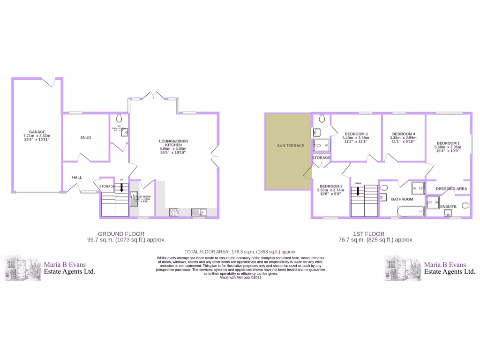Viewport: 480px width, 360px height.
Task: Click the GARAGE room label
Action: point(37,132)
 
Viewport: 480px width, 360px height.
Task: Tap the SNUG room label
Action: point(85,137)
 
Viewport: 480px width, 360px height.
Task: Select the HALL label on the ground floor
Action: point(77,178)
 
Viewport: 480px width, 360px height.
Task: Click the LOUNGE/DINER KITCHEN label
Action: point(173,143)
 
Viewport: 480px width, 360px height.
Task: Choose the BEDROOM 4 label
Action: point(404,134)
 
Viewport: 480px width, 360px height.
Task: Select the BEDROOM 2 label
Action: point(330,186)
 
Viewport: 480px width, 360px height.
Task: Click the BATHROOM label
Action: point(402,199)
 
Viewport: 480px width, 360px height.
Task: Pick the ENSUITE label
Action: point(448,206)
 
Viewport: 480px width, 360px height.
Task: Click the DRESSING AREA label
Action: point(451,188)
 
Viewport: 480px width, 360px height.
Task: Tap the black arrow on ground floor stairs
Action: point(121,188)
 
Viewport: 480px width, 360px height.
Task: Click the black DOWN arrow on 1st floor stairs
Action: point(358,191)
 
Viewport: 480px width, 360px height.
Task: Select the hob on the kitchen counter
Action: point(173,212)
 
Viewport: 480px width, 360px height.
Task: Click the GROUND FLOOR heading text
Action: point(121,233)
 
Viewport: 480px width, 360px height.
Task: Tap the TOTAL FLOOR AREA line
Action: point(240,251)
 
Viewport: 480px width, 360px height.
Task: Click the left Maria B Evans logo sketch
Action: point(22,268)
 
